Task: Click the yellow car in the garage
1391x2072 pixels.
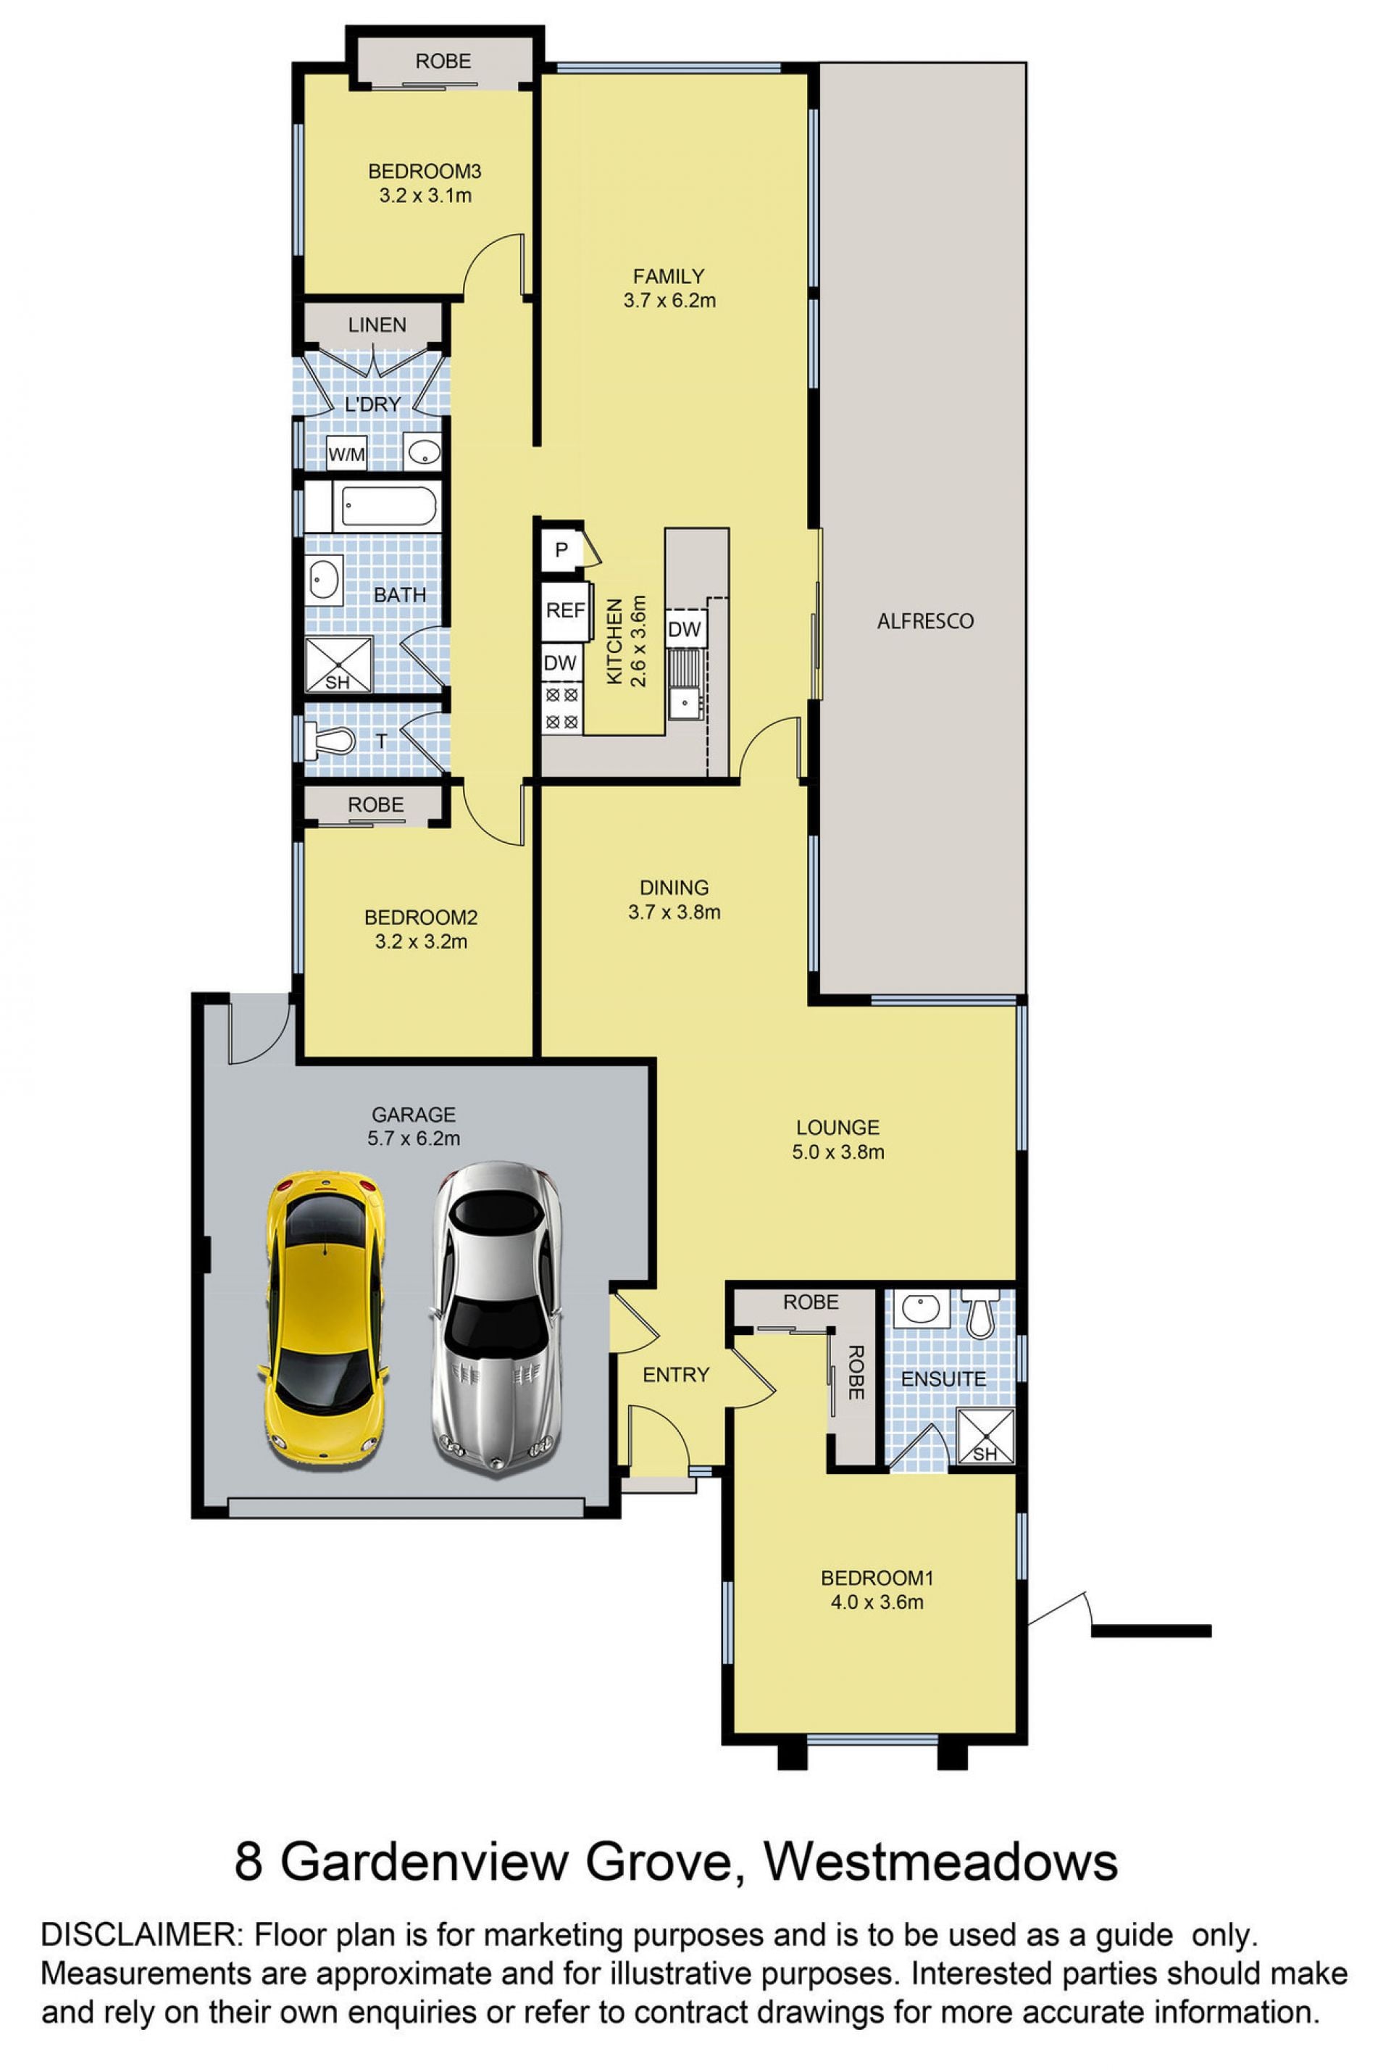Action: [324, 1318]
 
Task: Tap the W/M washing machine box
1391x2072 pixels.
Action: [347, 455]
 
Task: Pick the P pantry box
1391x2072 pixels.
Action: [561, 550]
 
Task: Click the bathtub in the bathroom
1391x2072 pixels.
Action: [388, 506]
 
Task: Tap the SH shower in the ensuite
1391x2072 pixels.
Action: [985, 1436]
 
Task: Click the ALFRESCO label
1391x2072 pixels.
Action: [925, 621]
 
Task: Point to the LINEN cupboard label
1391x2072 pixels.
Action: [377, 325]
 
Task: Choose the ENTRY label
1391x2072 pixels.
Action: [676, 1375]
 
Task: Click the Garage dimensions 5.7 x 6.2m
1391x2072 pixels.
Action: [414, 1138]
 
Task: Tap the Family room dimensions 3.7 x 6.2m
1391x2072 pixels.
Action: [669, 300]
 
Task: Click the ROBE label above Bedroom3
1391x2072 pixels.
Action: [443, 61]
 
